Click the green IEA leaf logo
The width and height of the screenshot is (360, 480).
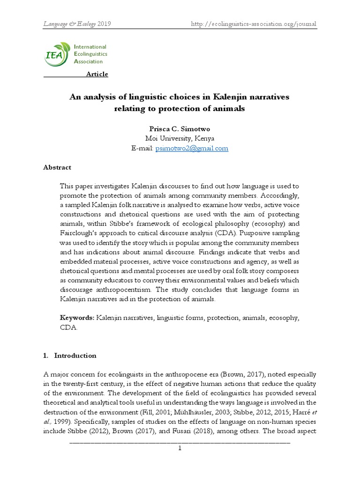pyautogui.click(x=57, y=53)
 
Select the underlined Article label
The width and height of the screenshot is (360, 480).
pyautogui.click(x=97, y=74)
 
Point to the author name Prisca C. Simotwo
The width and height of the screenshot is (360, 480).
pyautogui.click(x=180, y=129)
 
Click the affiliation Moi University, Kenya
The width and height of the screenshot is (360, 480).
pyautogui.click(x=180, y=138)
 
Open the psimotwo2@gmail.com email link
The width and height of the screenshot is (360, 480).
pyautogui.click(x=198, y=148)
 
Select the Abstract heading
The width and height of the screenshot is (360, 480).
pyautogui.click(x=57, y=167)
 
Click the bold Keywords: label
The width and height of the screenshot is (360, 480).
pyautogui.click(x=77, y=318)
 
